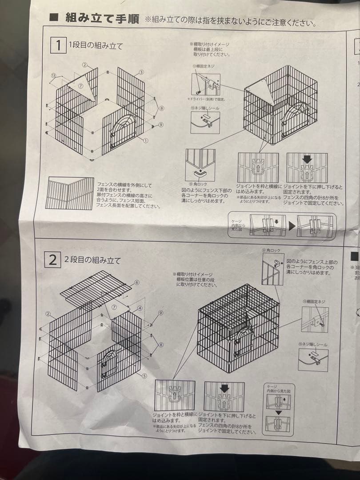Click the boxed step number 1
[x=57, y=45]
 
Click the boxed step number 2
[x=52, y=260]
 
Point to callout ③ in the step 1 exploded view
[x=141, y=72]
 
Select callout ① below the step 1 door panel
[x=146, y=140]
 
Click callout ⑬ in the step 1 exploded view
[x=53, y=76]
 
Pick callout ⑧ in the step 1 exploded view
[x=161, y=108]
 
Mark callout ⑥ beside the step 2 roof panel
[x=137, y=283]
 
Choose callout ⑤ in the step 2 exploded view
[x=144, y=376]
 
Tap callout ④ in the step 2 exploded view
[x=140, y=308]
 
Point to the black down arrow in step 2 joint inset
[x=224, y=388]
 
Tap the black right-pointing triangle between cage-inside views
[x=292, y=225]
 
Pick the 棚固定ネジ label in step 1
[x=203, y=66]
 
